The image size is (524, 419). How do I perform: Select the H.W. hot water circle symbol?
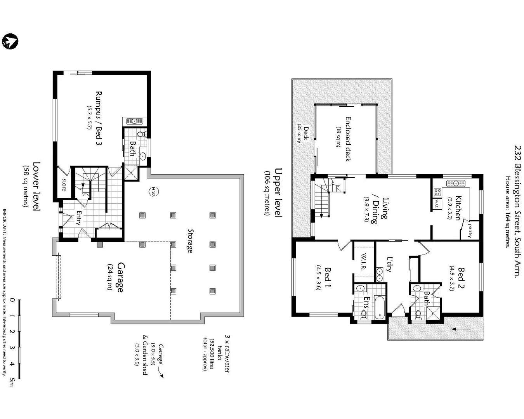153,191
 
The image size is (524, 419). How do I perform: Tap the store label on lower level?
64,185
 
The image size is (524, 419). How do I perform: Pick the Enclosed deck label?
348,139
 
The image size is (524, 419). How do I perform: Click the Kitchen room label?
458,208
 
